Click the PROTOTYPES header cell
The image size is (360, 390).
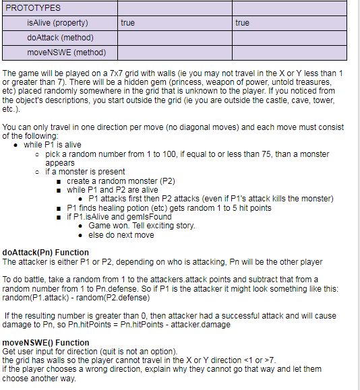(x=33, y=8)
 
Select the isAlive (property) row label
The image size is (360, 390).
(x=57, y=23)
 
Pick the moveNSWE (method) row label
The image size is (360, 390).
(x=62, y=52)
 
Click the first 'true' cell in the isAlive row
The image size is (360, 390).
(x=127, y=23)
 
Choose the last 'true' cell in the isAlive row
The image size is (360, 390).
(x=243, y=23)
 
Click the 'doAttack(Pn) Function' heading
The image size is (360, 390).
(x=46, y=253)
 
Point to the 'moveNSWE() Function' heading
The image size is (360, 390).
(x=46, y=343)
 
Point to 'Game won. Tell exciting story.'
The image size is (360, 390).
(x=142, y=226)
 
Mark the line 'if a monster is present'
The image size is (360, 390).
(x=85, y=172)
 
